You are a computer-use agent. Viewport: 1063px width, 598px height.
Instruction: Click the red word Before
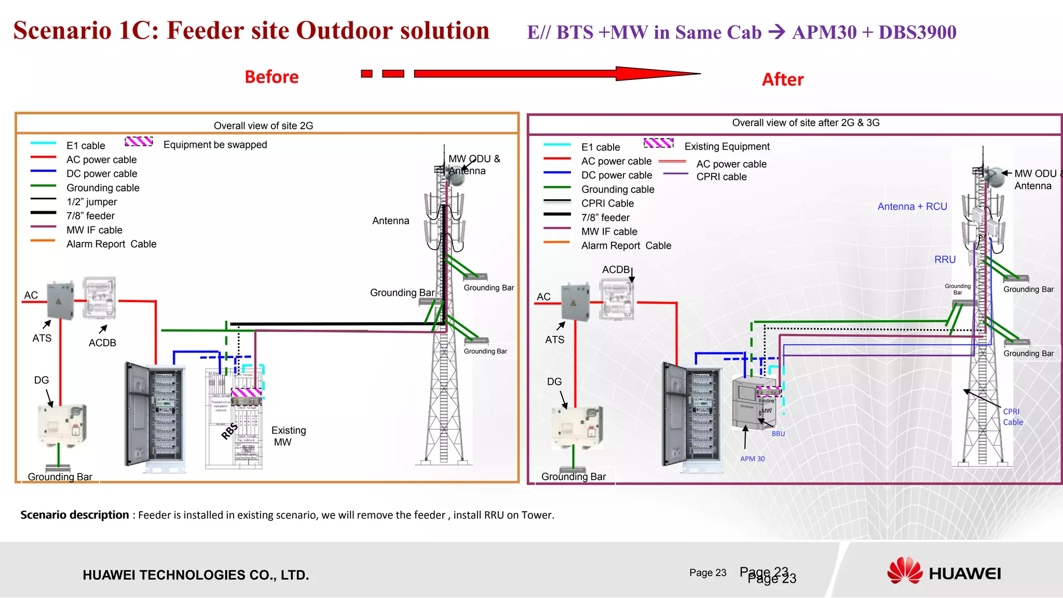271,77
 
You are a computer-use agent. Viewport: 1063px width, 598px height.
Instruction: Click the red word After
782,79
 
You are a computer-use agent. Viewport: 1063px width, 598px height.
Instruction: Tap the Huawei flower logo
904,571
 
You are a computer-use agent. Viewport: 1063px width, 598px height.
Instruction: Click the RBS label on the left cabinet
229,430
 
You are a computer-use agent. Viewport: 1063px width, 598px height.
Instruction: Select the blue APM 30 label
752,459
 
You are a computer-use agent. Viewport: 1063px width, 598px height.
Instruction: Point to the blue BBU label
778,434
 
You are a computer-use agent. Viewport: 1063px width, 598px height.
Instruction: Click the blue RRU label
945,260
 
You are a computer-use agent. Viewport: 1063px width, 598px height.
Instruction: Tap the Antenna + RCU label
912,207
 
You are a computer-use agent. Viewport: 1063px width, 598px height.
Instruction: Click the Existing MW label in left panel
288,436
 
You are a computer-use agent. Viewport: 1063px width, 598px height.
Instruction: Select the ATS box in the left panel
60,301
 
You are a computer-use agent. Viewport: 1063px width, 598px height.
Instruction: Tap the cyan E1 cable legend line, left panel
44,143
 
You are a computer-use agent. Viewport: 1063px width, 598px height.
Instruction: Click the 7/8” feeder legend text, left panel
90,216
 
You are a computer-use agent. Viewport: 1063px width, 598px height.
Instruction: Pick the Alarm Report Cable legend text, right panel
626,246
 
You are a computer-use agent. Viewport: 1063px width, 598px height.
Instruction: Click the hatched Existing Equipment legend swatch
658,143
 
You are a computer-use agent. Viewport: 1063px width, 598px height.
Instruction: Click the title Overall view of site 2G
263,126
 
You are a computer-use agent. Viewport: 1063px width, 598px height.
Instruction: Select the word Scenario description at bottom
75,515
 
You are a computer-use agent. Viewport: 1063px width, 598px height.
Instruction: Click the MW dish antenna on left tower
456,176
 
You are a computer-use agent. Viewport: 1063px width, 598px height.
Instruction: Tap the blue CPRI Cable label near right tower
1013,417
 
